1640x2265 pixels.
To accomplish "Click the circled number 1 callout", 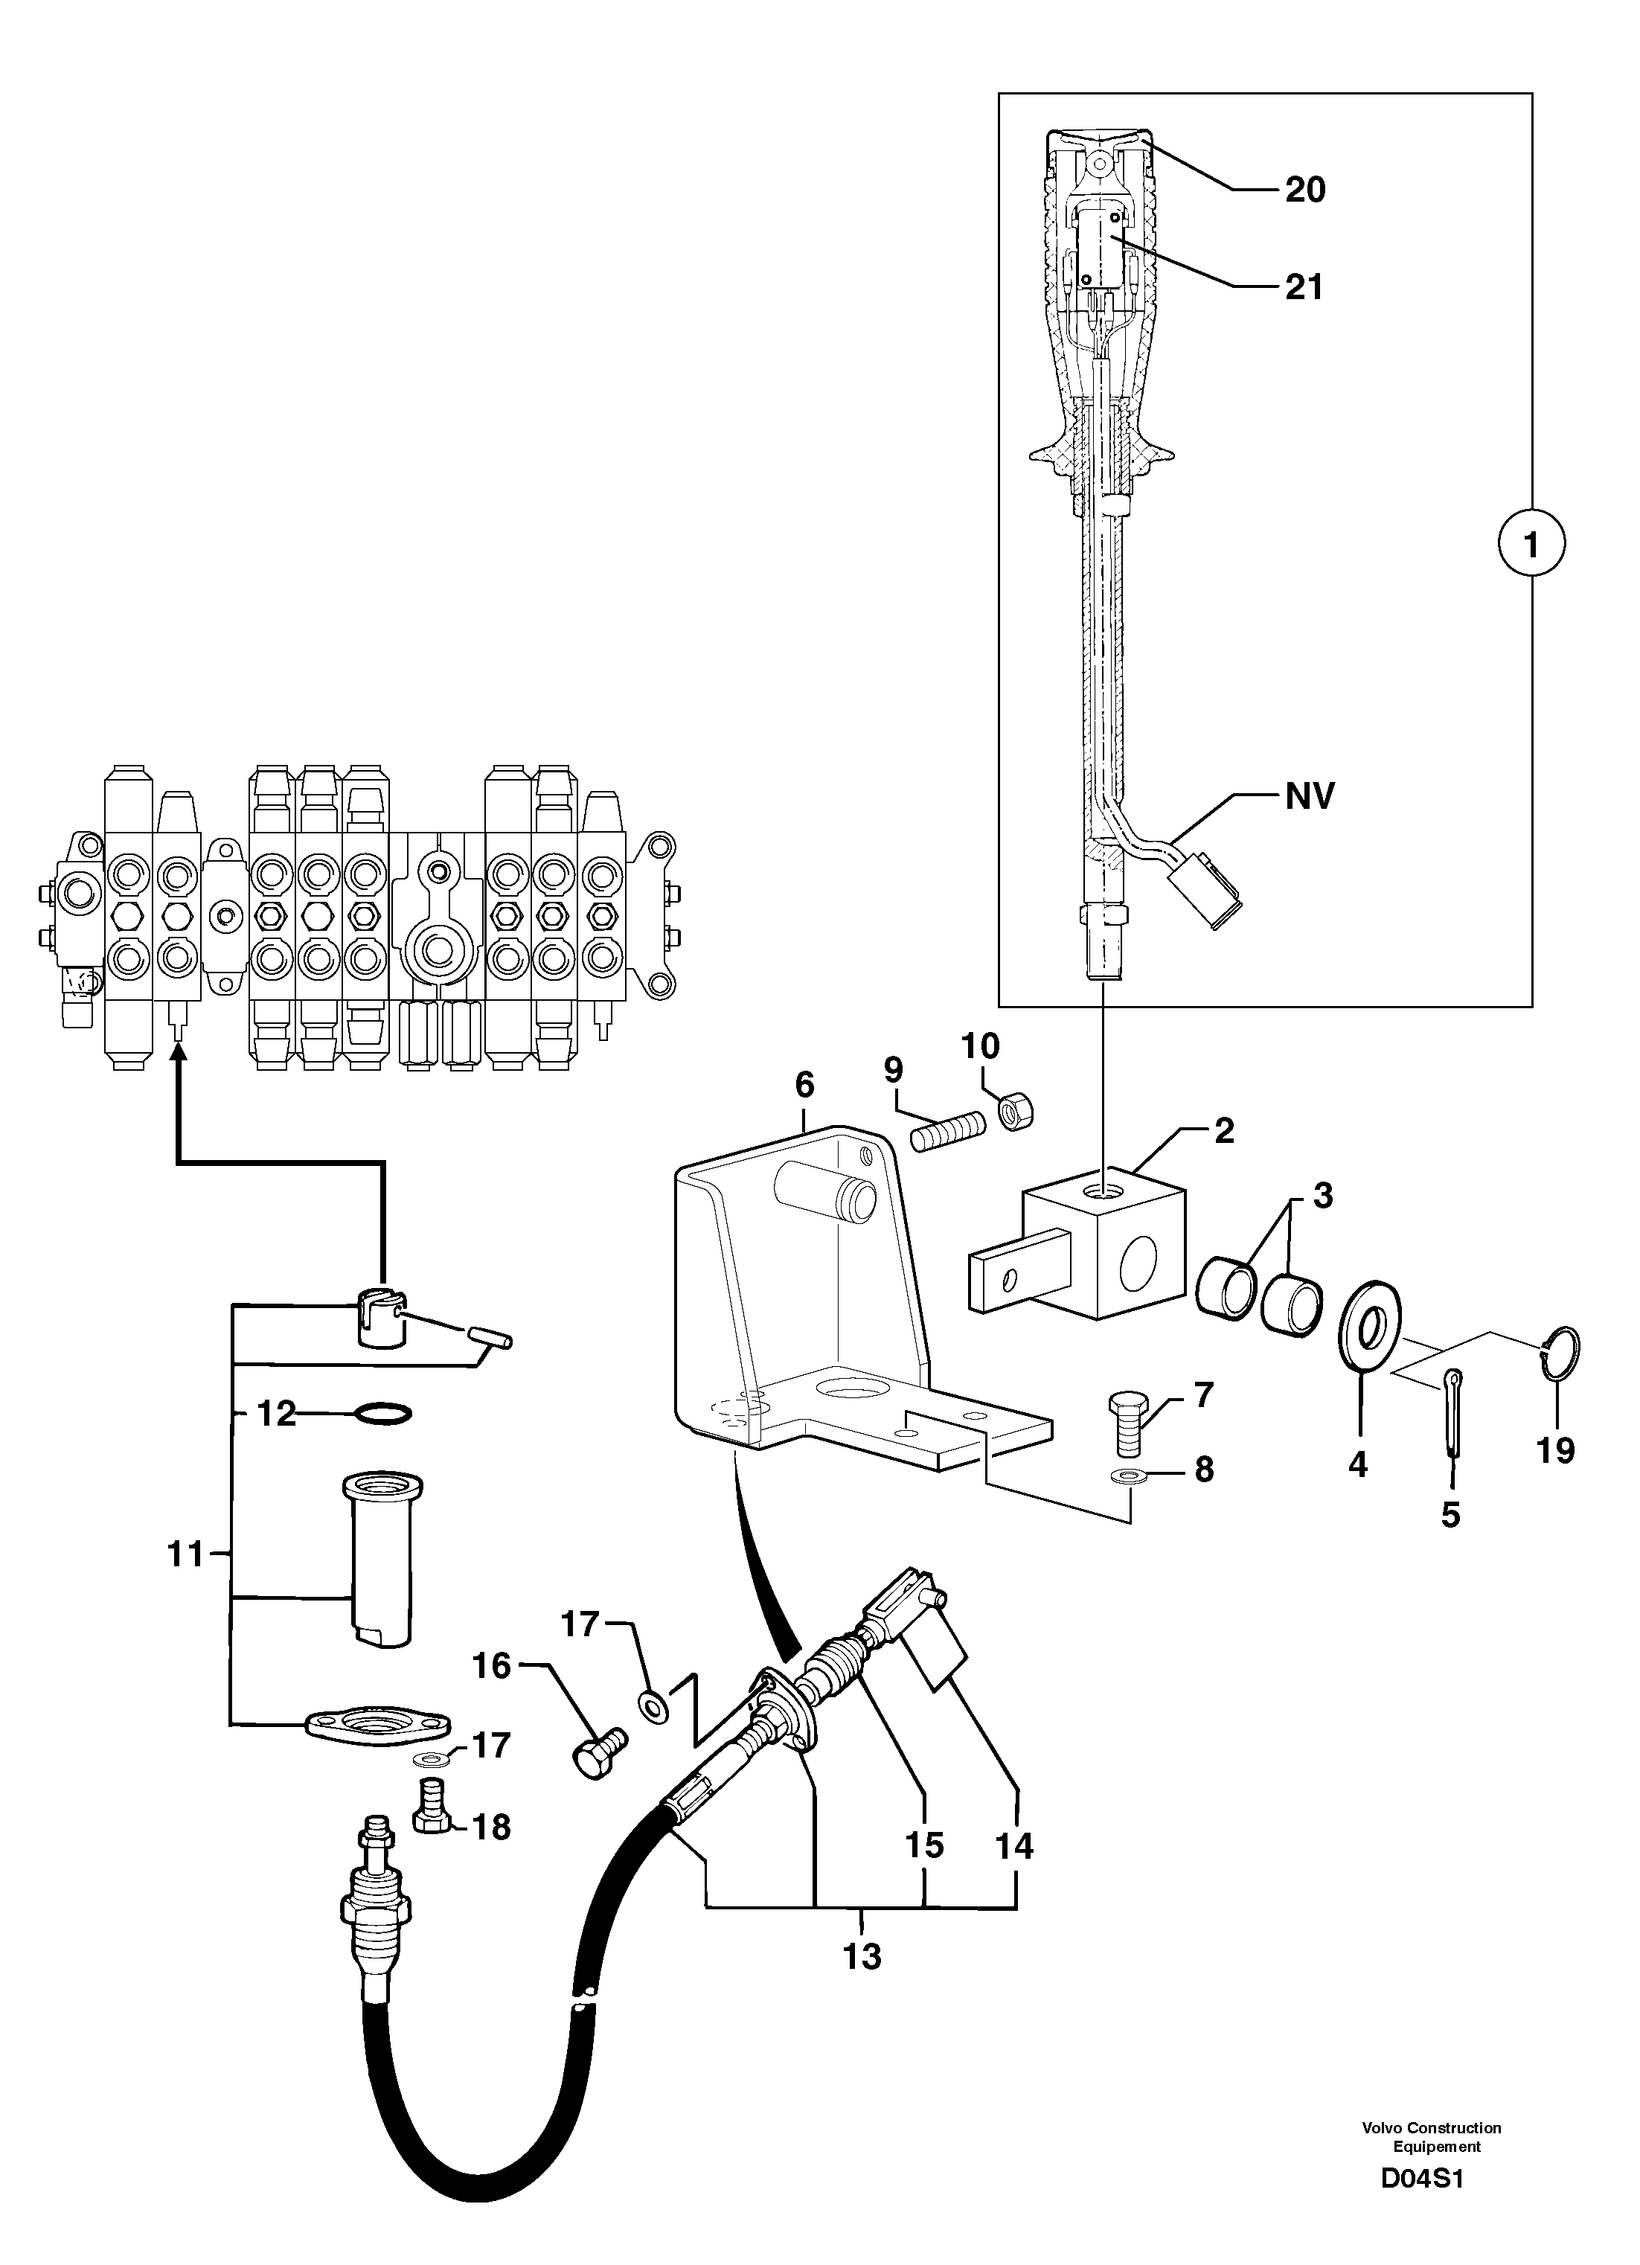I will [1531, 544].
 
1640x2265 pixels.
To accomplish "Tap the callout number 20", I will [1304, 190].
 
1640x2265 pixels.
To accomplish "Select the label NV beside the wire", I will [1310, 796].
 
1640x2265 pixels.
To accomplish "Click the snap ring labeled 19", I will [1562, 1355].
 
